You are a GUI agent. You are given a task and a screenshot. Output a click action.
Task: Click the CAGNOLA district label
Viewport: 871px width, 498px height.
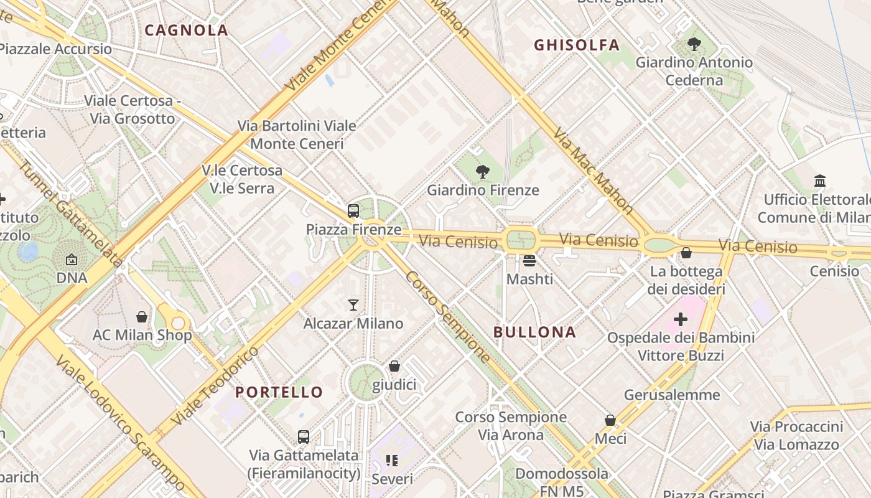tap(187, 30)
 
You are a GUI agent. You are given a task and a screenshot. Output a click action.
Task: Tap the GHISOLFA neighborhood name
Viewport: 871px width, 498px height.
tap(577, 45)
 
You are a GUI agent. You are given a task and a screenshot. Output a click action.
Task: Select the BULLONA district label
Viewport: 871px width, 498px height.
tap(535, 332)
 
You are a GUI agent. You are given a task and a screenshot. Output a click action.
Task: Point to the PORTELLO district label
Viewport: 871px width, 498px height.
tap(279, 392)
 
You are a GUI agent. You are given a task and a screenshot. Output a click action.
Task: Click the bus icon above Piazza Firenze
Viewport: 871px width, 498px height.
tap(353, 211)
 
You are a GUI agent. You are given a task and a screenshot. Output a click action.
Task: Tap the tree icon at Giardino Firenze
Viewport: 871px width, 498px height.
tap(482, 172)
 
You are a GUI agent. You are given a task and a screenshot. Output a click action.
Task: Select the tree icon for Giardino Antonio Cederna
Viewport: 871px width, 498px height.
tap(694, 44)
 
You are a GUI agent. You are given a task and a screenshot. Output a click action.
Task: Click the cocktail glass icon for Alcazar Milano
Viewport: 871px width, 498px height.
tap(353, 304)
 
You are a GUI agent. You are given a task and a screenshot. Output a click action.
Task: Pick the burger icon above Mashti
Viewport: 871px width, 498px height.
tap(529, 260)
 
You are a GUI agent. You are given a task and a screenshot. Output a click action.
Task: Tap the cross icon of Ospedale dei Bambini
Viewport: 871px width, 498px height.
tap(681, 319)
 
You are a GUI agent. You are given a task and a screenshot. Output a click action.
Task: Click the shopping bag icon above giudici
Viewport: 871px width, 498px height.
tap(394, 366)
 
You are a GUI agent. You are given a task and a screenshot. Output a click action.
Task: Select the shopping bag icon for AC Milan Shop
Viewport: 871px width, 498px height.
tap(142, 317)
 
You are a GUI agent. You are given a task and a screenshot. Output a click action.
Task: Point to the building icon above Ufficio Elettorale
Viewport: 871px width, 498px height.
tap(820, 181)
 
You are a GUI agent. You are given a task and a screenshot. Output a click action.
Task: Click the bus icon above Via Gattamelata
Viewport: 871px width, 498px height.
tap(304, 436)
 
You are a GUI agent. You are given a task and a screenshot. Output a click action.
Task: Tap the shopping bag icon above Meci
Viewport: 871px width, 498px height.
tap(610, 420)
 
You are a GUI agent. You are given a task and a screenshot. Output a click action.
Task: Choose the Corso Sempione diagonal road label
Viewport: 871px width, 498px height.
tap(448, 316)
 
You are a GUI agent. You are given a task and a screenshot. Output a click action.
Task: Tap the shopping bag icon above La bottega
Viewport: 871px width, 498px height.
tap(686, 253)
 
